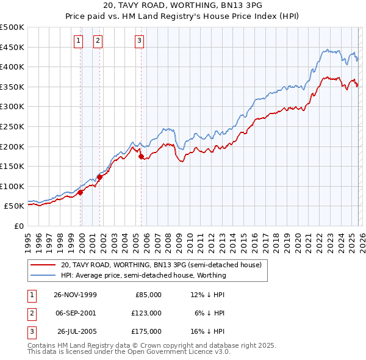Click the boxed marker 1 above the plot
click(x=79, y=41)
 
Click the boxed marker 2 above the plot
click(x=98, y=41)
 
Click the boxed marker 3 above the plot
click(x=139, y=41)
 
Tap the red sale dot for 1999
click(x=81, y=192)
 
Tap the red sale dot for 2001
click(x=99, y=177)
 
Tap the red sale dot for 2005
click(x=142, y=156)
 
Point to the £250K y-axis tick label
click(x=12, y=126)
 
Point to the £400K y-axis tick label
click(x=12, y=67)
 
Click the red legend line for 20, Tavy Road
click(x=43, y=265)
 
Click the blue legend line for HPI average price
click(x=43, y=275)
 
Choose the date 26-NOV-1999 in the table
click(x=75, y=294)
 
